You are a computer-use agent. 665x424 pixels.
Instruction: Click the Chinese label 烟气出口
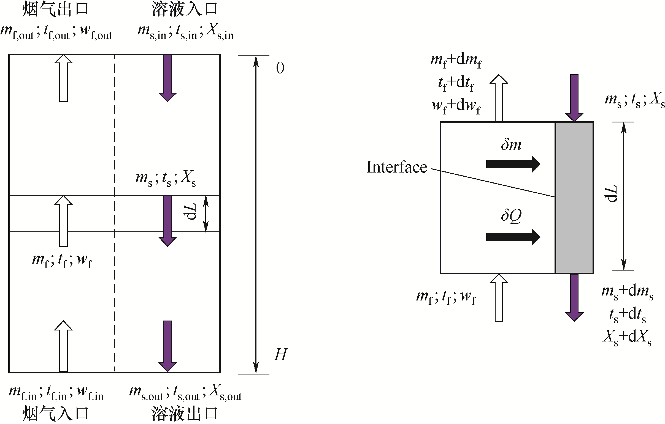click(55, 9)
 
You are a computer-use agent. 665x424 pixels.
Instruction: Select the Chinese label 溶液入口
click(185, 9)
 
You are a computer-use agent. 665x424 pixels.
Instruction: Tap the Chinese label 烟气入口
click(55, 414)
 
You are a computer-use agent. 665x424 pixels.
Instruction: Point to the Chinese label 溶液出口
click(185, 414)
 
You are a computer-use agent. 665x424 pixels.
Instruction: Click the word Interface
click(397, 167)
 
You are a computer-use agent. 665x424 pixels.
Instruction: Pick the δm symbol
click(511, 144)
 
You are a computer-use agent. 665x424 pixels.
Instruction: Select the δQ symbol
click(511, 215)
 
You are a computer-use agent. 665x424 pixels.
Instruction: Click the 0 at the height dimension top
click(280, 68)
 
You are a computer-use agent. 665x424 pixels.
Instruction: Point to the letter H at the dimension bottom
click(281, 355)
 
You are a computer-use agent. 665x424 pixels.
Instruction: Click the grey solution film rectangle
click(574, 198)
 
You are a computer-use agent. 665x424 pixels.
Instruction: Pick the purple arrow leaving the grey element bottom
click(574, 297)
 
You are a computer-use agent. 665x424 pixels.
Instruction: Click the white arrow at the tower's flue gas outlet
click(64, 78)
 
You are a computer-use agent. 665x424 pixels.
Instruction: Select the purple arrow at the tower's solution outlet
click(168, 346)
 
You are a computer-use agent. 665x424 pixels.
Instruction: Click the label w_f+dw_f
click(456, 106)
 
